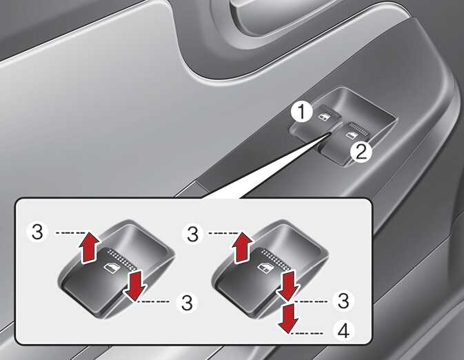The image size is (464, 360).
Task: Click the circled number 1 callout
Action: [x=301, y=112]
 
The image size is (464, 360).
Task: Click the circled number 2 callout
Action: [x=361, y=152]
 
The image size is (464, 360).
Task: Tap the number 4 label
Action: [x=343, y=331]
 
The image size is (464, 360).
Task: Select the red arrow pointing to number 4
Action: [x=288, y=317]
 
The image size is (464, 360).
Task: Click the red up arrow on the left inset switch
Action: [x=88, y=247]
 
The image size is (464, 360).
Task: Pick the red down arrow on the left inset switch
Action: [x=134, y=284]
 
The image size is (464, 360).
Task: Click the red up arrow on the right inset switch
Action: [x=243, y=247]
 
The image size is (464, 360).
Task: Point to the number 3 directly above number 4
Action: [x=343, y=301]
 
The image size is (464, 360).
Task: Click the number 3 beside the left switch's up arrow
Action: [x=38, y=232]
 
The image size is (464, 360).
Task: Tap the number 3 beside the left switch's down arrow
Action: [x=187, y=303]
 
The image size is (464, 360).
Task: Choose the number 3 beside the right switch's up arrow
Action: [x=192, y=234]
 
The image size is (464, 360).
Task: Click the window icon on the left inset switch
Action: [x=111, y=268]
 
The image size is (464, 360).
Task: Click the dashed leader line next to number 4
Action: [x=307, y=334]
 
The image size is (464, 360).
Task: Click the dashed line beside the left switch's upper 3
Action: [x=70, y=233]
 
